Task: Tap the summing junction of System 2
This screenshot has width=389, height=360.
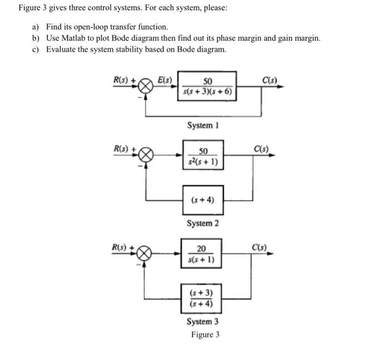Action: [146, 155]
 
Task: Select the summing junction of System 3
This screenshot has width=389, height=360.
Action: [146, 253]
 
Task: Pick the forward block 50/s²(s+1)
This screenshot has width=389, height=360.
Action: [203, 156]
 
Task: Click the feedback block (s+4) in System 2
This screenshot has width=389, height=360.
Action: [203, 200]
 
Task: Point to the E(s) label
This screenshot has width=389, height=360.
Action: [165, 79]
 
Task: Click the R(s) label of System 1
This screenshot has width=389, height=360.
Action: [122, 80]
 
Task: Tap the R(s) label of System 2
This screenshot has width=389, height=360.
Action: [122, 149]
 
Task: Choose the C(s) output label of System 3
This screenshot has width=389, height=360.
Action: [260, 246]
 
